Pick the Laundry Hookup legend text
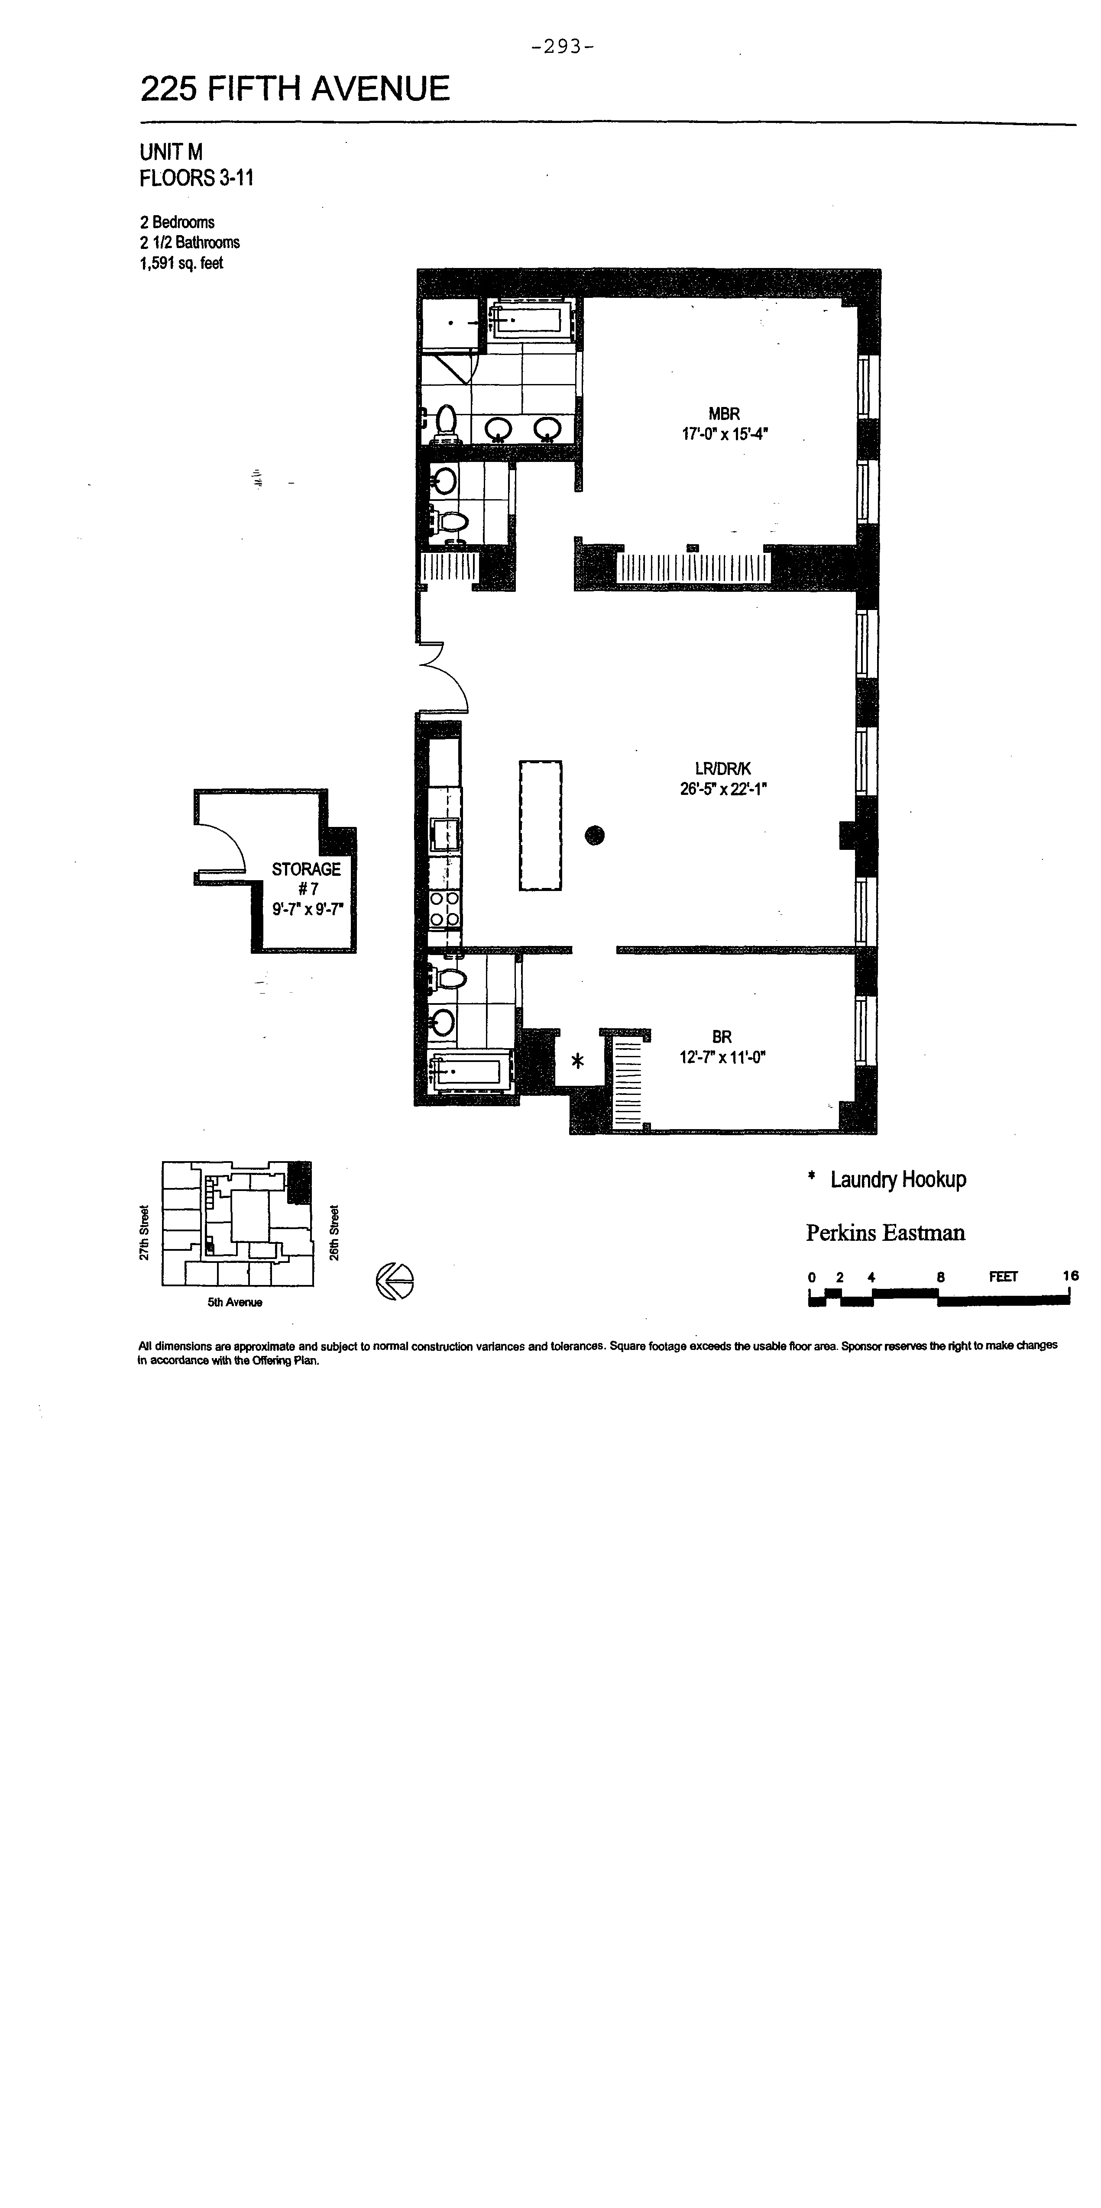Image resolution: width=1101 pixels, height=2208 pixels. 898,1179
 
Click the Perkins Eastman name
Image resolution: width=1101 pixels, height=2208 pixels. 885,1233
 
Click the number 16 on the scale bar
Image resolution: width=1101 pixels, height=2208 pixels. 1070,1275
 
